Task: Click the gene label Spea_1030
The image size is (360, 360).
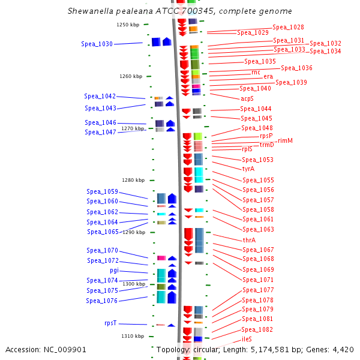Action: pos(97,44)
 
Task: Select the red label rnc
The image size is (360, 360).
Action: pos(256,73)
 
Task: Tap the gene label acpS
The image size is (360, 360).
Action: pos(247,98)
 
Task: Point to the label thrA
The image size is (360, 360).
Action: pos(249,240)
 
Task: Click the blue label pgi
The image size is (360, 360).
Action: pos(114,271)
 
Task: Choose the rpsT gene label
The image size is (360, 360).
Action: pos(110,323)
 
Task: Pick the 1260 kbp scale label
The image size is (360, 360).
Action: pos(131,76)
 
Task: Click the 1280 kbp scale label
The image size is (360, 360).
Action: pos(133,180)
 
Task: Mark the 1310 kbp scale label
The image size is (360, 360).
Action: pos(133,336)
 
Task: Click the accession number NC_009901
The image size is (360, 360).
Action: pos(65,350)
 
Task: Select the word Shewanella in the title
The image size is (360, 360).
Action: pos(91,11)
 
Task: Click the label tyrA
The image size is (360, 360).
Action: pos(248,169)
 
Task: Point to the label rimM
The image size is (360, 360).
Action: pos(285,140)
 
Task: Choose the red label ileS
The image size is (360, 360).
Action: pos(247,339)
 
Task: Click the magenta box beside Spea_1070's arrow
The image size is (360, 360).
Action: pos(161,258)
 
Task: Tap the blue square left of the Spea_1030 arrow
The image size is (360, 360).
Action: pos(156,42)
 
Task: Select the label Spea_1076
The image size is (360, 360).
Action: pos(102,301)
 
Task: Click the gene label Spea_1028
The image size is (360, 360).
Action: pos(288,28)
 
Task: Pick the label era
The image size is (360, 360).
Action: pos(268,76)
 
